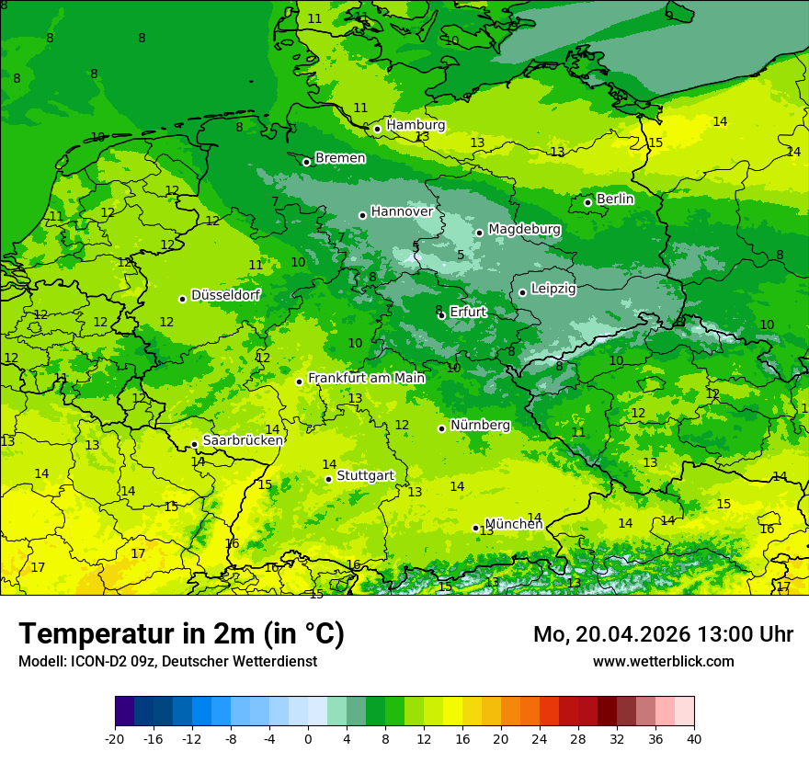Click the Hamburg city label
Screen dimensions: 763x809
pos(416,125)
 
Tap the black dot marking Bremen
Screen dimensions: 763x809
pos(306,162)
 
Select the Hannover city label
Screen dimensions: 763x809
pos(402,211)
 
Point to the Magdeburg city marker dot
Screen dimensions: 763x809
pos(479,233)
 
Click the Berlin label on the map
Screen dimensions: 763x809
pos(615,199)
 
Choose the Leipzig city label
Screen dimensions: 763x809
pos(553,289)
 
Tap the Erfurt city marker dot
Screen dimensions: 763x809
pos(441,315)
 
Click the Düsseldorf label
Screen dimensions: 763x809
pos(225,295)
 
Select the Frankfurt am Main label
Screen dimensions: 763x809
pos(366,378)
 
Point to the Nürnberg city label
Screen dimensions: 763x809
pos(480,425)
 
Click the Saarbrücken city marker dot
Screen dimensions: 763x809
pos(194,444)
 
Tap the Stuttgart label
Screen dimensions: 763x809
pos(365,475)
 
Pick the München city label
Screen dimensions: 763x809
pos(513,524)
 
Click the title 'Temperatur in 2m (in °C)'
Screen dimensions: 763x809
pos(181,633)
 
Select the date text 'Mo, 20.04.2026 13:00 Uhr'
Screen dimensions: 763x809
pos(663,634)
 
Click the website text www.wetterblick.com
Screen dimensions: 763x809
pos(663,661)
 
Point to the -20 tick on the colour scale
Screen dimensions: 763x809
pos(115,738)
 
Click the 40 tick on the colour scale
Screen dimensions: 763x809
pos(694,738)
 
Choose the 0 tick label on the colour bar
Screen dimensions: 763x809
pos(308,738)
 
